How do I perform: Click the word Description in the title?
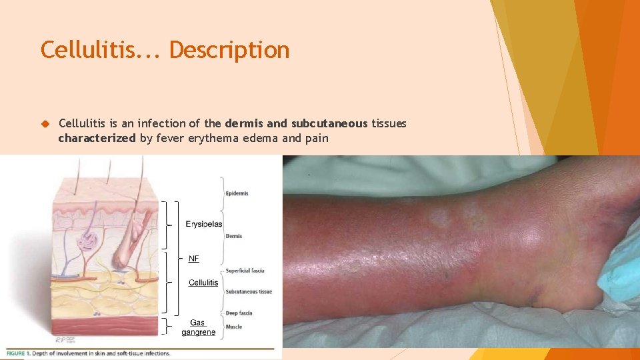(229, 50)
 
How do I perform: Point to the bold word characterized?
(97, 139)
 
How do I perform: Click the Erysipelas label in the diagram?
(204, 224)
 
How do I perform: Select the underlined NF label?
(193, 258)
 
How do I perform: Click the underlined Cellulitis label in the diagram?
(203, 283)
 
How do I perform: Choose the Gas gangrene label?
(198, 327)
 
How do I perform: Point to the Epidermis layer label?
(237, 193)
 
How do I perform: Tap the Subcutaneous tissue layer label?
(249, 291)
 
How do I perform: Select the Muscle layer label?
(235, 327)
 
